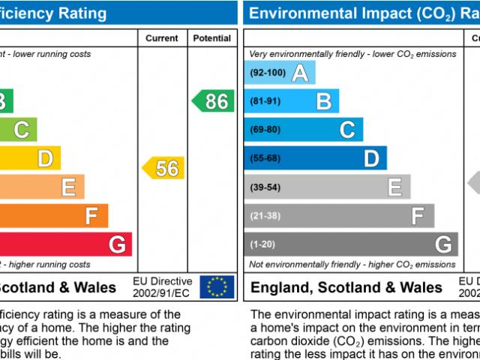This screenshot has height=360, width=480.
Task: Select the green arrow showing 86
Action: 214,101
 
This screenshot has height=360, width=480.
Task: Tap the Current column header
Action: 161,38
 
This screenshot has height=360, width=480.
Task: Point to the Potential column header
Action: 211,38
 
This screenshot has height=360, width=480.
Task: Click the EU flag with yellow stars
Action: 217,286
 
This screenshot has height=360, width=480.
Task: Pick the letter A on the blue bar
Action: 300,73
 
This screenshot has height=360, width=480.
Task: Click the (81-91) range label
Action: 265,101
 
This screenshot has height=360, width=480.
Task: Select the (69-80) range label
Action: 265,130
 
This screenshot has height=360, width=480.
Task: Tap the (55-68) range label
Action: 265,158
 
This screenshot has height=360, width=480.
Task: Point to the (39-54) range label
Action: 265,187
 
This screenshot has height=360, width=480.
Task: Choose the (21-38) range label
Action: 265,215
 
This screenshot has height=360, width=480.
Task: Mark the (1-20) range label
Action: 262,244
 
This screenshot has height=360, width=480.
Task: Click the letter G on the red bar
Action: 117,244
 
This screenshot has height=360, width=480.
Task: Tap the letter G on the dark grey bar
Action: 443,244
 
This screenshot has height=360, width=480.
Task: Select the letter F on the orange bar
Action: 91,216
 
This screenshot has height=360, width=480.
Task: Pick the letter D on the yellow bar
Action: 45,158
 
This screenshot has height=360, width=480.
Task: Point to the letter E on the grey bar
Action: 394,187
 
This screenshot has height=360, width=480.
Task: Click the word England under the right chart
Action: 280,287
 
